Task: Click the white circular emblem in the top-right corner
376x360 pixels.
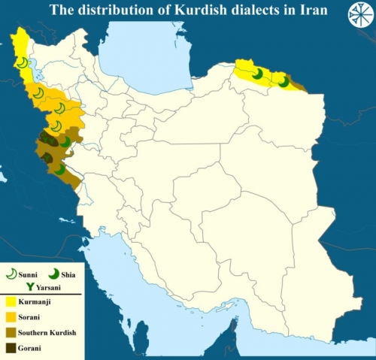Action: (358, 16)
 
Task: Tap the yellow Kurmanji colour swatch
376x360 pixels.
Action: (10, 301)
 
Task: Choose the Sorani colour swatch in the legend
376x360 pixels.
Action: (10, 316)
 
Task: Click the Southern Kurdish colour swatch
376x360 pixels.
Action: (10, 331)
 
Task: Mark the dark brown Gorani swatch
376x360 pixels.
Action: (10, 347)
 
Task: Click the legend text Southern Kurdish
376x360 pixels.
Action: (47, 332)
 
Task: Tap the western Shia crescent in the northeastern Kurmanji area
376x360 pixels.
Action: (258, 74)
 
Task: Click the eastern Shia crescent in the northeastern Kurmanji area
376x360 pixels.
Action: (284, 82)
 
